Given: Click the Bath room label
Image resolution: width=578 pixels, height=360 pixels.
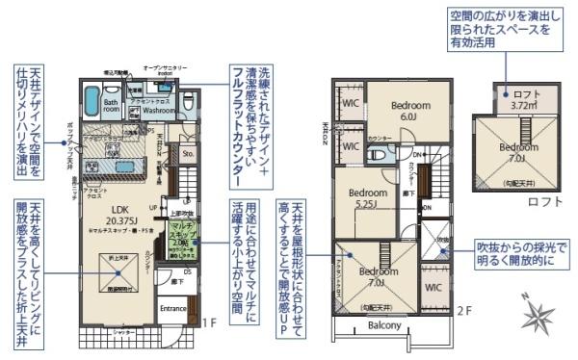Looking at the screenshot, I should point(112,106).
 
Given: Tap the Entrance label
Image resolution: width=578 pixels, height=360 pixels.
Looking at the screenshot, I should point(173,308).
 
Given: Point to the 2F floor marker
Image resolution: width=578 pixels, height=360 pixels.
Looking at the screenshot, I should point(463,310).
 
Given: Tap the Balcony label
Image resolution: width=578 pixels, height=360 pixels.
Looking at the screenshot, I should point(384,325).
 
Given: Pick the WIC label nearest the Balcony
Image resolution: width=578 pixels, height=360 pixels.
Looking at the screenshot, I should point(433,287).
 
